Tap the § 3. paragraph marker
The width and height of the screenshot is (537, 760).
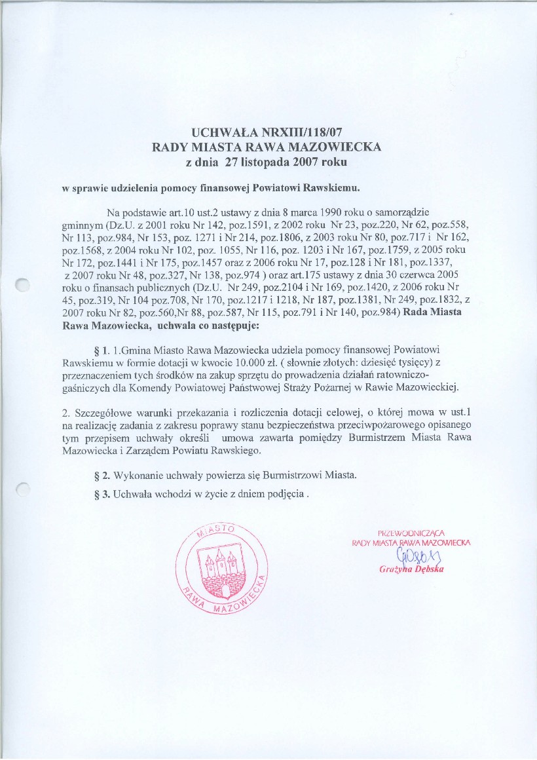point(103,493)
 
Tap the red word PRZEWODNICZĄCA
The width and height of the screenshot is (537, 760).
point(411,531)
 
